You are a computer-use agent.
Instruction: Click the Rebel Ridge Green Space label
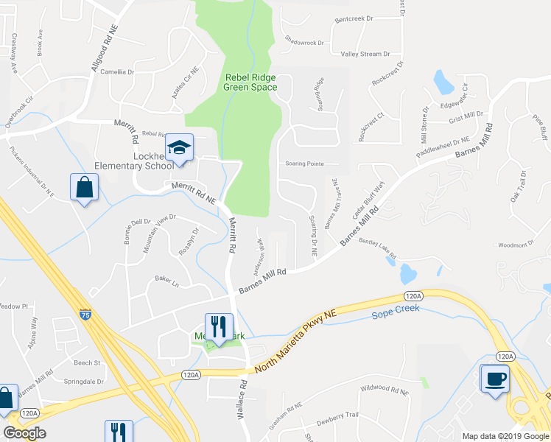[x=250, y=82]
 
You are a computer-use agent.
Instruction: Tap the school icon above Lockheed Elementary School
[x=178, y=148]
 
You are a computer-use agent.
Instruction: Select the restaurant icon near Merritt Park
[x=219, y=326]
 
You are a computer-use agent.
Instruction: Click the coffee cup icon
[x=494, y=379]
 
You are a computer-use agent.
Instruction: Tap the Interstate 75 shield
[x=85, y=314]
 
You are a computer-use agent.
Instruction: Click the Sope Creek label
[x=396, y=308]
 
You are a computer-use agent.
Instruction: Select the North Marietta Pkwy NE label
[x=295, y=343]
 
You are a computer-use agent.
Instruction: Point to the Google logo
[x=25, y=433]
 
